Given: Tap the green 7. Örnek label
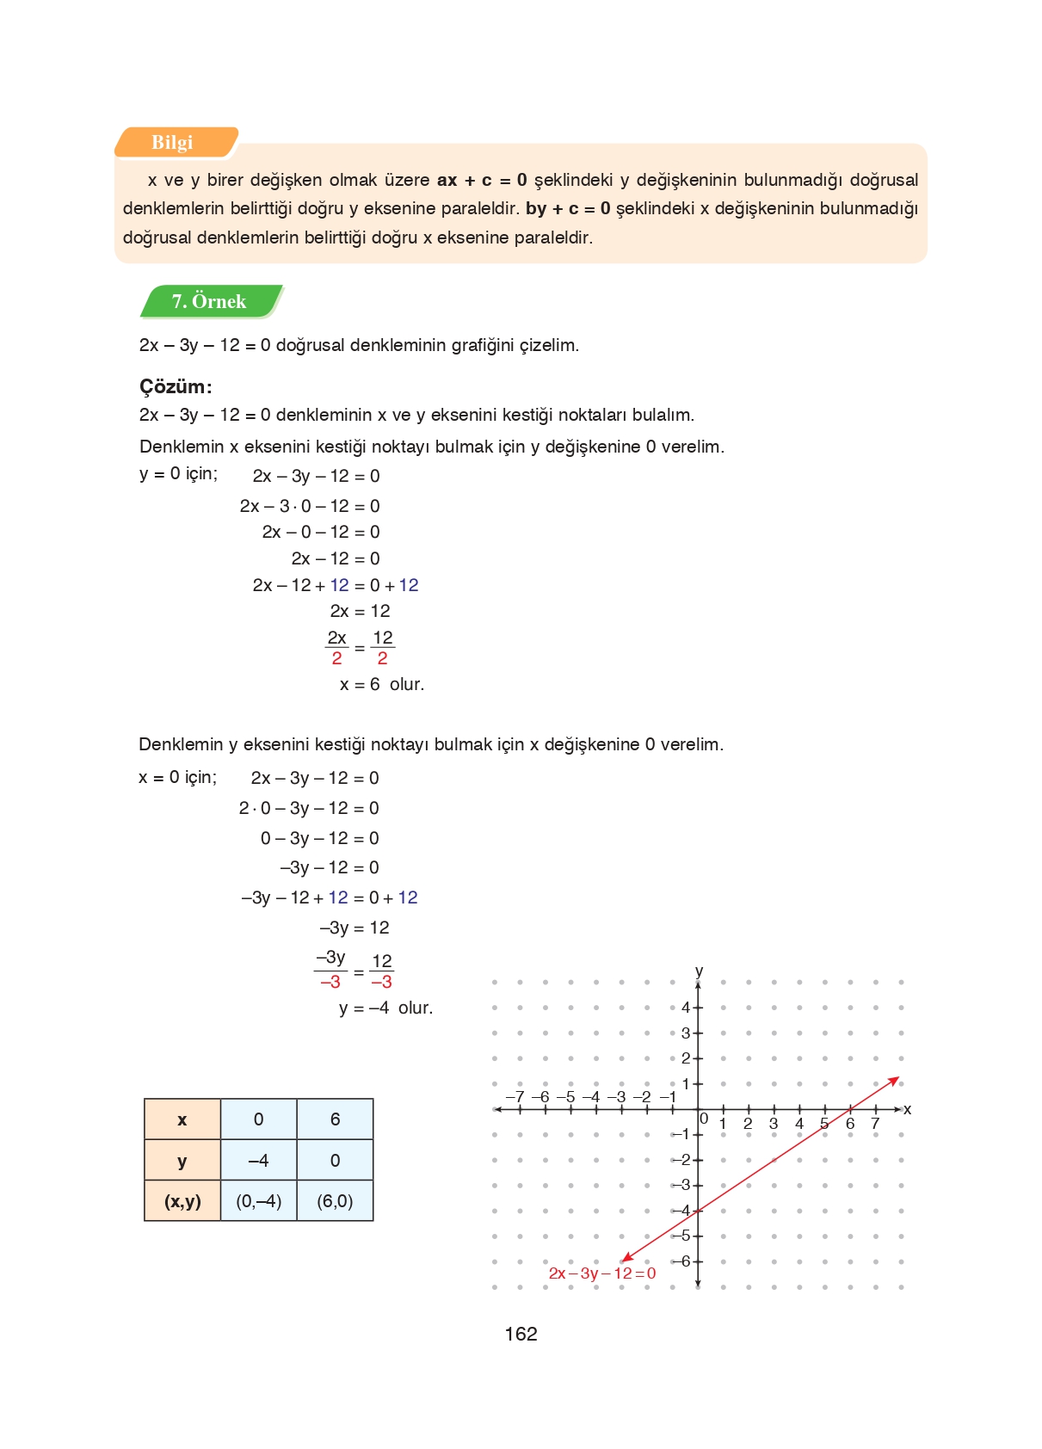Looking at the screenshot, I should coord(210,301).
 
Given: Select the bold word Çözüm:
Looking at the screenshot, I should coord(176,386).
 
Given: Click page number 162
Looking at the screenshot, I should coord(521,1334).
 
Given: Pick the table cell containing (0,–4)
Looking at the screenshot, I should coord(259,1201).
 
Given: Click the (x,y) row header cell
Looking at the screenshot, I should coord(182,1201).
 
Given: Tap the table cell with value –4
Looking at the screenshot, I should coord(258,1161).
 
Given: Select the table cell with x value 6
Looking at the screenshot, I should coord(335,1119).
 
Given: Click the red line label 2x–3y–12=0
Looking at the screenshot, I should coord(601,1273).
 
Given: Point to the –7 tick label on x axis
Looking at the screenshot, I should coord(515,1097).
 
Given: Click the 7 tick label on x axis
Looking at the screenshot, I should coord(875,1124).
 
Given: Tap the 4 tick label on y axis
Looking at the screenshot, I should coord(685,1008).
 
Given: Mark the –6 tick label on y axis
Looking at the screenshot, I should coord(681,1261).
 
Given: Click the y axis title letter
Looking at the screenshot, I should coord(699,971).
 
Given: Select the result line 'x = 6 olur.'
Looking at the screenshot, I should coord(381,685).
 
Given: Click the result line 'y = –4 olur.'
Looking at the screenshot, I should coord(385,1008).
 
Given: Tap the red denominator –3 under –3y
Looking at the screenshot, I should coord(330,983).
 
